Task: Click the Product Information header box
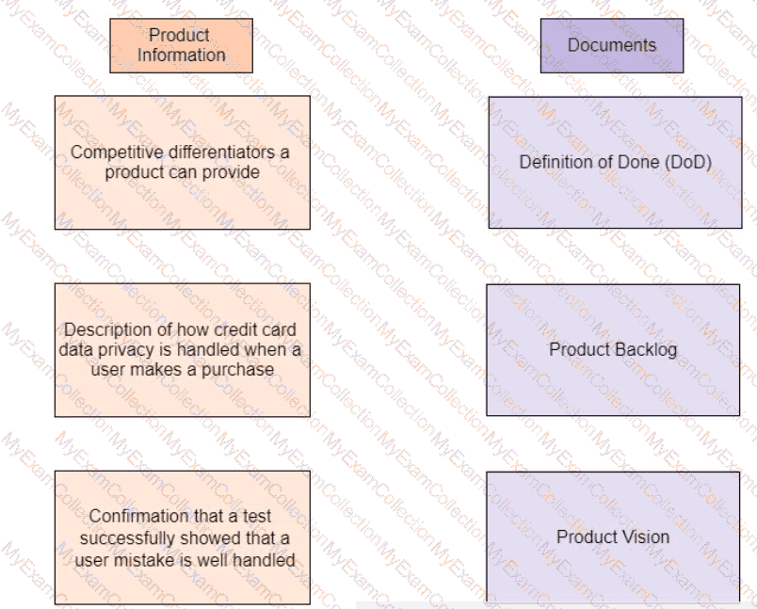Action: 181,45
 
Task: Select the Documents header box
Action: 611,45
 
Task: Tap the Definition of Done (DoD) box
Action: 615,162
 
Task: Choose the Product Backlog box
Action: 613,349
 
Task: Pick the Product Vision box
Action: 613,537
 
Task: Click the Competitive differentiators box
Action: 182,162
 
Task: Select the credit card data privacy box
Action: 182,349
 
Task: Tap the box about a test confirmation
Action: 182,537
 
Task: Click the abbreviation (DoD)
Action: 687,162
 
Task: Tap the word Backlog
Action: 645,349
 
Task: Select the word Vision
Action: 646,537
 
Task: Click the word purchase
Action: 243,369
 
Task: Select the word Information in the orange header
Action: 181,55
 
